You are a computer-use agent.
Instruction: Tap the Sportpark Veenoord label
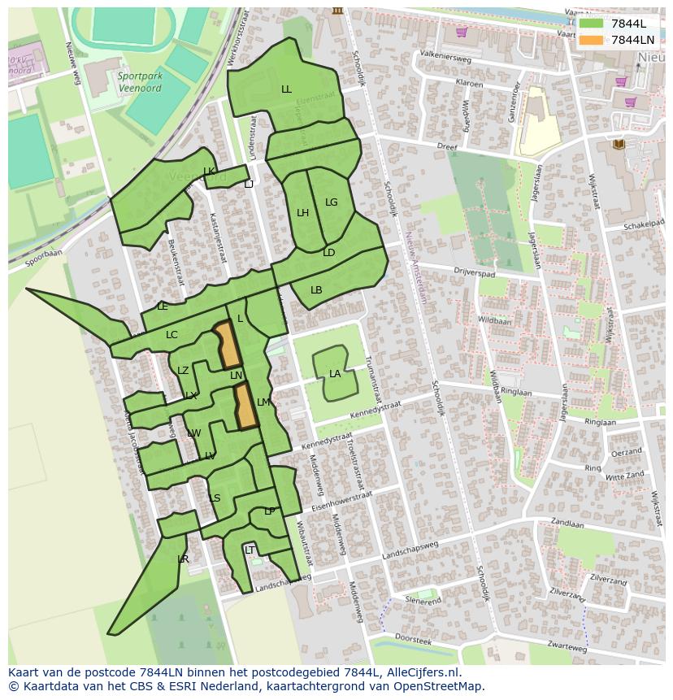(x=141, y=83)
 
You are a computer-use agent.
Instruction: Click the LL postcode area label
(x=286, y=89)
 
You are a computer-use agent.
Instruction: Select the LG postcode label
(x=331, y=202)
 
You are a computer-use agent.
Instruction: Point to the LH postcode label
(x=302, y=213)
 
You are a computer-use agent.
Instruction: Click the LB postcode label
(x=316, y=290)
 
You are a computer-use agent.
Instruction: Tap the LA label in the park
(x=335, y=374)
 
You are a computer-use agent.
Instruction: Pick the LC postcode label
(x=172, y=335)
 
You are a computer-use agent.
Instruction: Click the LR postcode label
(x=183, y=559)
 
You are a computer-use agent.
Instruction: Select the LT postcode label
(x=250, y=550)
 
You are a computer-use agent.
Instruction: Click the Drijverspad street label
(x=498, y=274)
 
